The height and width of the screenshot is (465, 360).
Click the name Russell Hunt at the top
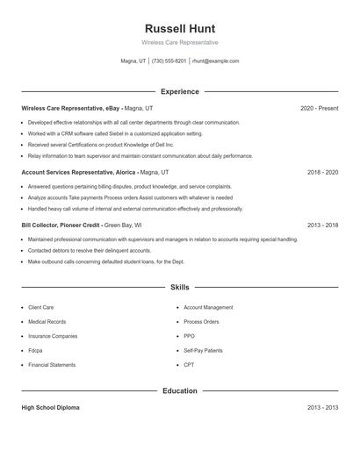tap(179, 28)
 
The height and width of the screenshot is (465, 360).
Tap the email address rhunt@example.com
tap(215, 61)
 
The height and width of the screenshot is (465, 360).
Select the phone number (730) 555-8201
tap(169, 61)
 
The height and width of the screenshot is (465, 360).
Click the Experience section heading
tap(179, 91)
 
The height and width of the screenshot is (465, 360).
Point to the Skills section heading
tap(179, 287)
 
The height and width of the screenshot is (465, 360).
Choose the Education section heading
tap(179, 390)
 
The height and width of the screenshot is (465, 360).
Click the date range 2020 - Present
tap(319, 108)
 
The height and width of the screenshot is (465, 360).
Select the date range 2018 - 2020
tap(322, 173)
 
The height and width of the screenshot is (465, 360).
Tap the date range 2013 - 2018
tap(322, 225)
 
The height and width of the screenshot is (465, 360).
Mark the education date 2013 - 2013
tap(322, 408)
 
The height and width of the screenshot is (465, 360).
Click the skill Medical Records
tap(47, 322)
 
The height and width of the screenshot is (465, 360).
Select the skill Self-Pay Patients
tap(203, 350)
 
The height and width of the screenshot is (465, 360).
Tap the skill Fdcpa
tap(35, 350)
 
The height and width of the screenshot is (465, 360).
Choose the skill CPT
tap(189, 364)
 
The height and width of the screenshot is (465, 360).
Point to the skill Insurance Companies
tap(53, 336)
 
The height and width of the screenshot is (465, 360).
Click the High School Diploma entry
tap(50, 408)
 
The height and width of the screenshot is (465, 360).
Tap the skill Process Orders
tap(201, 322)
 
